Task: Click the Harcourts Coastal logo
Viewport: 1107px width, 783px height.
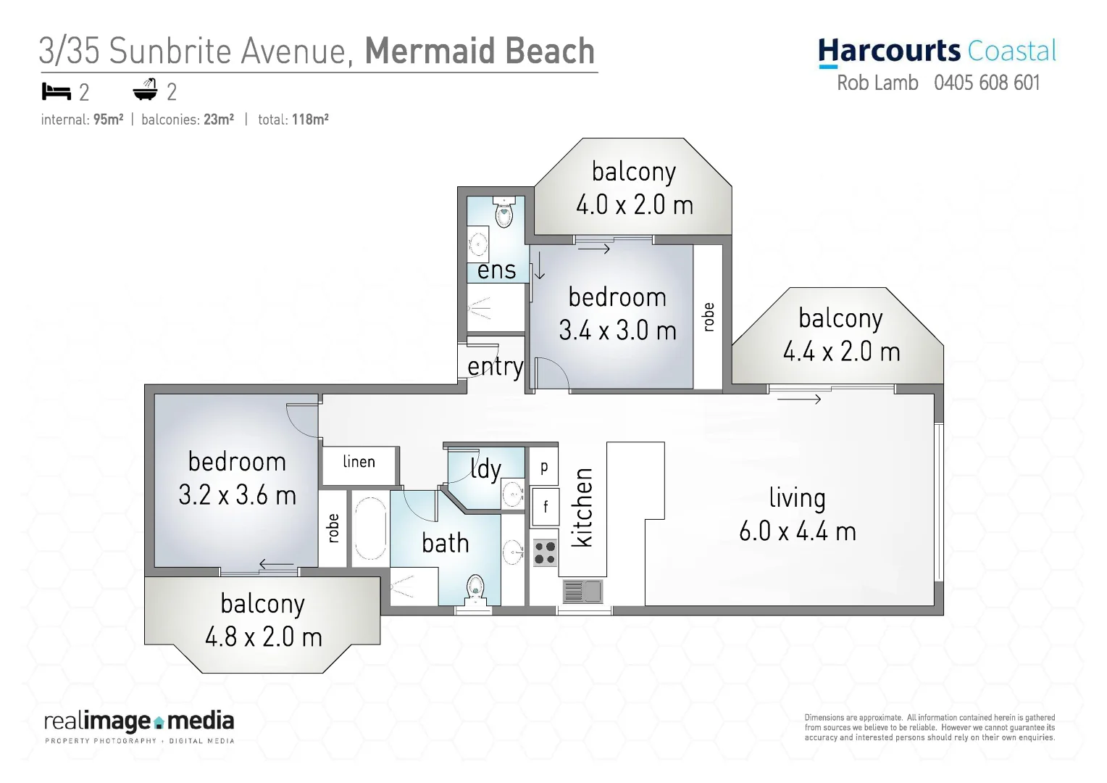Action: tap(937, 51)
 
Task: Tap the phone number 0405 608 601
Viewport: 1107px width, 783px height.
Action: tap(987, 83)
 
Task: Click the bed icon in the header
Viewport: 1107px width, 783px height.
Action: tap(56, 91)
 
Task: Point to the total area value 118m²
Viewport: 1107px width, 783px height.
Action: tap(310, 120)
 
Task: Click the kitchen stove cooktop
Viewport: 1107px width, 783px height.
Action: tap(545, 552)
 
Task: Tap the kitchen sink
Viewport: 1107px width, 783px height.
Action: tap(582, 592)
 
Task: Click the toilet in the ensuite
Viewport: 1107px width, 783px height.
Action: tap(504, 212)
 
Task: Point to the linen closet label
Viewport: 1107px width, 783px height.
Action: tap(359, 462)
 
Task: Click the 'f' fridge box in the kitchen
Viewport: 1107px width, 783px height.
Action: tap(545, 506)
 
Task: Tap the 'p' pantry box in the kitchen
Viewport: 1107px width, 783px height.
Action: tap(544, 468)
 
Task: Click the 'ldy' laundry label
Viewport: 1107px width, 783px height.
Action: tap(485, 469)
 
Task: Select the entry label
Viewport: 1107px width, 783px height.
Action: tap(495, 367)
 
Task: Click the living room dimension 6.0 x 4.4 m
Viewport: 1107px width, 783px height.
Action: tap(798, 531)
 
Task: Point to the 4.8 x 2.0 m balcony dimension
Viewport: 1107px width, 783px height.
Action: tap(263, 637)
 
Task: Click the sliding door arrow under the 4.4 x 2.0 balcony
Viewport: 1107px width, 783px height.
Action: tap(799, 399)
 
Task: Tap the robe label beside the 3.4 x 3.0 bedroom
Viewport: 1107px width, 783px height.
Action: tap(709, 317)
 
